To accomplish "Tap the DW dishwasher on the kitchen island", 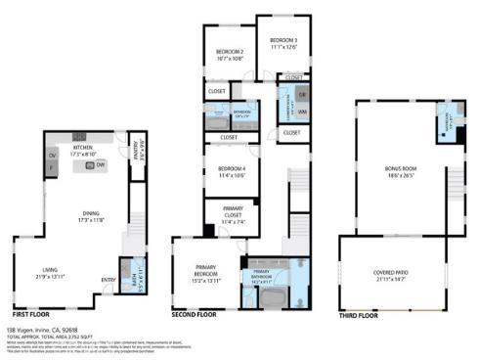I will click(101, 166).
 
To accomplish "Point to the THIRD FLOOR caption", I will click(359, 315).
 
